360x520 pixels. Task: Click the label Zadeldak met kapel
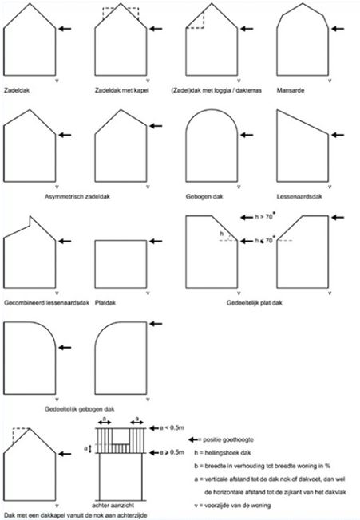point(122,90)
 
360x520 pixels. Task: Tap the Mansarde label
point(291,90)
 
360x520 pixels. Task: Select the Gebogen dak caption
point(204,197)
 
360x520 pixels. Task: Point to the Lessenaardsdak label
point(299,197)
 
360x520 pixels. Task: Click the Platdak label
point(105,303)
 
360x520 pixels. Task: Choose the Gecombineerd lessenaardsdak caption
point(47,303)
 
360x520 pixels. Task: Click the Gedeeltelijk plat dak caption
point(255,303)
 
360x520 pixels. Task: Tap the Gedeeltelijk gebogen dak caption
point(80,409)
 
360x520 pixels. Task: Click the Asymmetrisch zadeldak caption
point(77,197)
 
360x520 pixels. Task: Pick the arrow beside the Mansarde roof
point(338,29)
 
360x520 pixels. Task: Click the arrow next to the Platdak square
point(156,241)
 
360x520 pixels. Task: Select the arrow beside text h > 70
point(247,218)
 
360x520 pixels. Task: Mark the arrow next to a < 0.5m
point(154,428)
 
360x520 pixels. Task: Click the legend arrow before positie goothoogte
point(193,439)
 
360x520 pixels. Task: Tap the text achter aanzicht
point(113,506)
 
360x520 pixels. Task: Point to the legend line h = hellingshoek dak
point(223,453)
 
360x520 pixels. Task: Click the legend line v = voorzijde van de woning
point(232,506)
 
